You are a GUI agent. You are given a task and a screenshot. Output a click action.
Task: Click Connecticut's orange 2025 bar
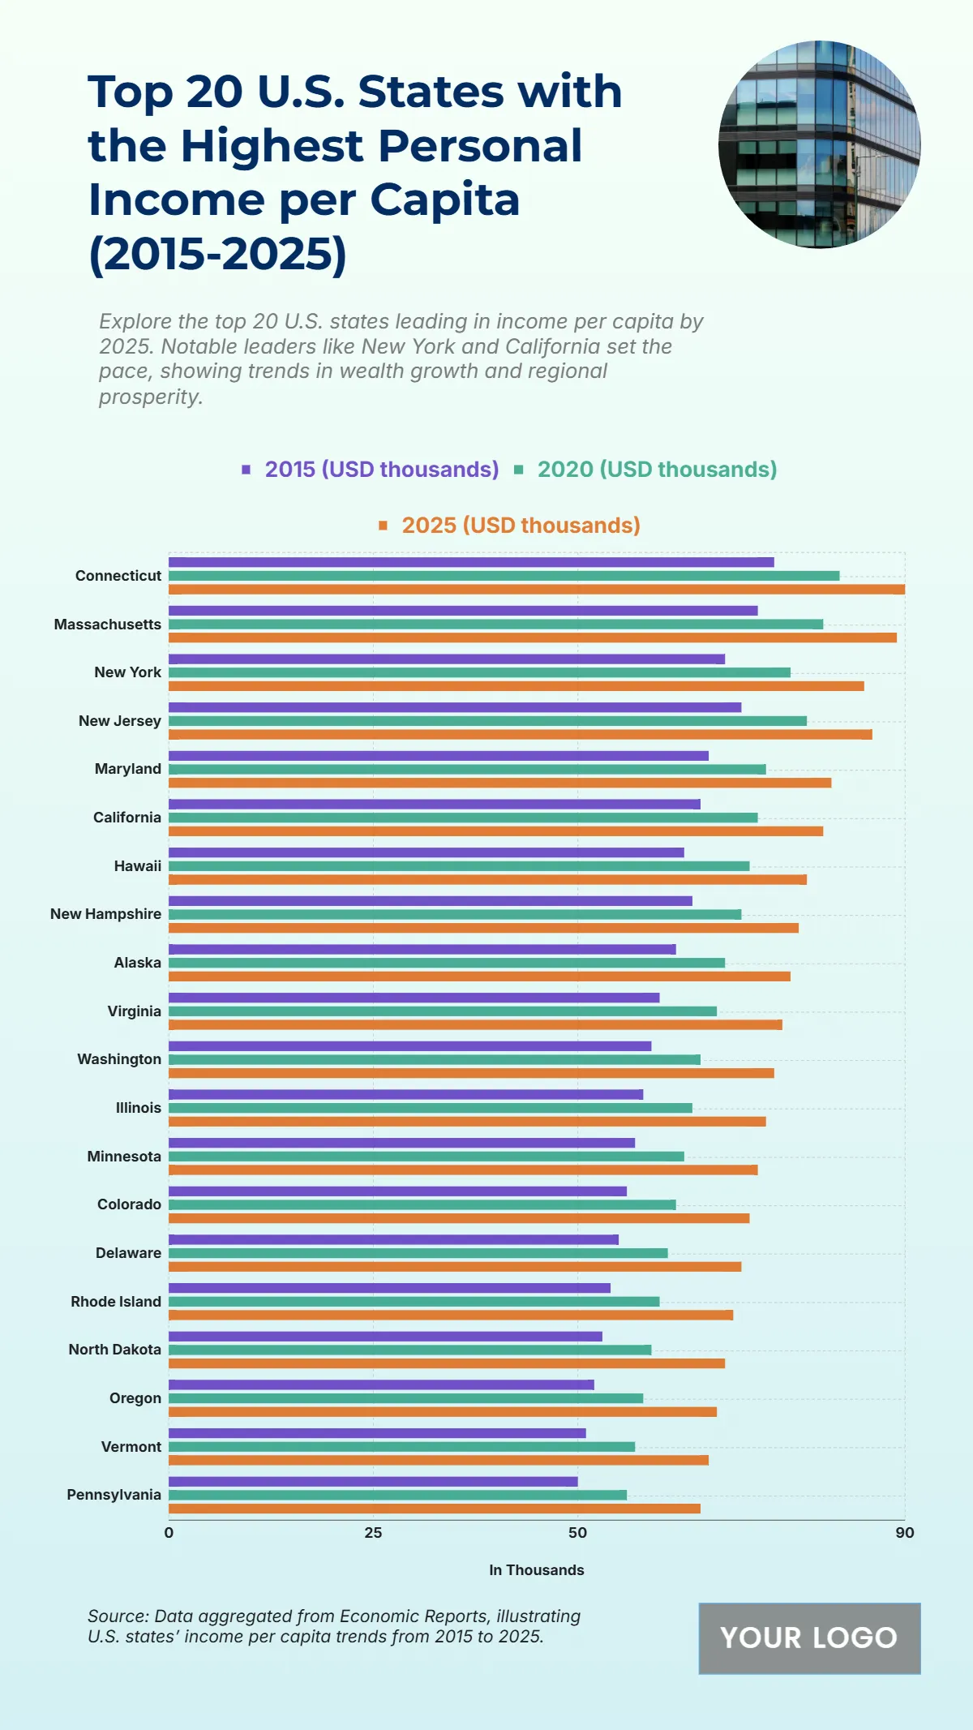(x=536, y=590)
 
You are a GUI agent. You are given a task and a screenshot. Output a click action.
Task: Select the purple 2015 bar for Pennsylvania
(x=373, y=1482)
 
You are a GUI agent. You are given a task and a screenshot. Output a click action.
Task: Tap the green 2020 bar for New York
(x=479, y=672)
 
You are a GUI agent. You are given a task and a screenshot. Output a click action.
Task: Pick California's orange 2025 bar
(x=495, y=831)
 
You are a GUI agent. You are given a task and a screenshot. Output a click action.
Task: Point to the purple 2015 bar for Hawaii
(x=426, y=852)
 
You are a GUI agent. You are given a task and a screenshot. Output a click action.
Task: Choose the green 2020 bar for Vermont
(x=401, y=1447)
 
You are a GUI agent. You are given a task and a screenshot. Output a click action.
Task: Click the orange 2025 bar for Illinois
(x=467, y=1122)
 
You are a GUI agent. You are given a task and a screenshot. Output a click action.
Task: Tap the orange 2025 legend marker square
(x=384, y=526)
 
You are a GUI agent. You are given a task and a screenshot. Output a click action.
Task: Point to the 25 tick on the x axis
(x=373, y=1533)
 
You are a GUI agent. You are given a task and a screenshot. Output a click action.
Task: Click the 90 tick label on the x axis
(x=905, y=1533)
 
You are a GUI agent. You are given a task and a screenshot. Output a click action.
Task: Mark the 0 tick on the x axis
(x=169, y=1533)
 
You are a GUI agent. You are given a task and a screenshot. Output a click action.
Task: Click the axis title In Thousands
(x=536, y=1570)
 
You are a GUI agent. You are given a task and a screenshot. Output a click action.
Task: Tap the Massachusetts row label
(x=108, y=625)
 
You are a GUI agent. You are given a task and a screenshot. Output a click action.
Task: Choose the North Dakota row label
(x=114, y=1350)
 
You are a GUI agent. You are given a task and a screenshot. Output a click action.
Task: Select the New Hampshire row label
(x=105, y=914)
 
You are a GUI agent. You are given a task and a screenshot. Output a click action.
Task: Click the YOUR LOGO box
(x=809, y=1638)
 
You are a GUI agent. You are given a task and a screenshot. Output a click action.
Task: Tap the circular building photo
(x=819, y=144)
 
